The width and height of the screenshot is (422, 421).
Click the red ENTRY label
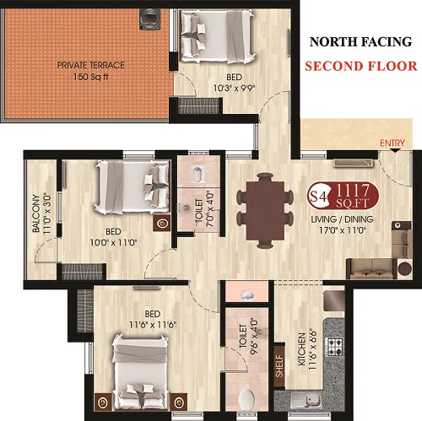coord(392,143)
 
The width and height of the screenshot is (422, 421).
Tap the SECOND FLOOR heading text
coord(361,66)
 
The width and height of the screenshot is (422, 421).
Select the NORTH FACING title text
coord(360,42)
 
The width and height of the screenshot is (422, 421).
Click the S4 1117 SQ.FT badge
coord(343,196)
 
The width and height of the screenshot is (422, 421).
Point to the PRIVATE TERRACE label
coord(90,65)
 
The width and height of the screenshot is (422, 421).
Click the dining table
coord(265,211)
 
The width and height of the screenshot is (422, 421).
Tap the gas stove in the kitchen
coord(334,347)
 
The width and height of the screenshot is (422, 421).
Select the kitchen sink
coord(306,400)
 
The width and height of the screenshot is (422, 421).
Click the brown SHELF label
coord(279,366)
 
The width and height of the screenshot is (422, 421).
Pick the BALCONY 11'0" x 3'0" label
coord(41,213)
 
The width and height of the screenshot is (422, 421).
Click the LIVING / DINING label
coord(342,219)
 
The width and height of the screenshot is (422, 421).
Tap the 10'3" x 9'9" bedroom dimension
coord(234,89)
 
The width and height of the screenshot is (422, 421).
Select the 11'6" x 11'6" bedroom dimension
coord(153,325)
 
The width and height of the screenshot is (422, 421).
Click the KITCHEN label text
coord(301,349)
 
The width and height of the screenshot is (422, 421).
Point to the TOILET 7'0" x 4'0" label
coord(204,210)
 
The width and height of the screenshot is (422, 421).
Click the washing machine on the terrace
coord(150,19)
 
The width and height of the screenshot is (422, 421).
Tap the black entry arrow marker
coord(395,150)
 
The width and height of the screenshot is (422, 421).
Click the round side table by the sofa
coord(405,269)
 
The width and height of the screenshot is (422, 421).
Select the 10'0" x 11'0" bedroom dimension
coord(113,242)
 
